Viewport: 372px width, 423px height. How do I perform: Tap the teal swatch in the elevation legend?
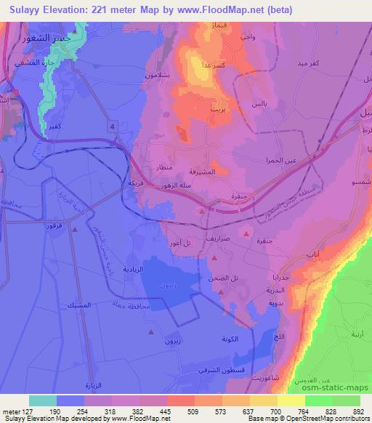click(x=42, y=400)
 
